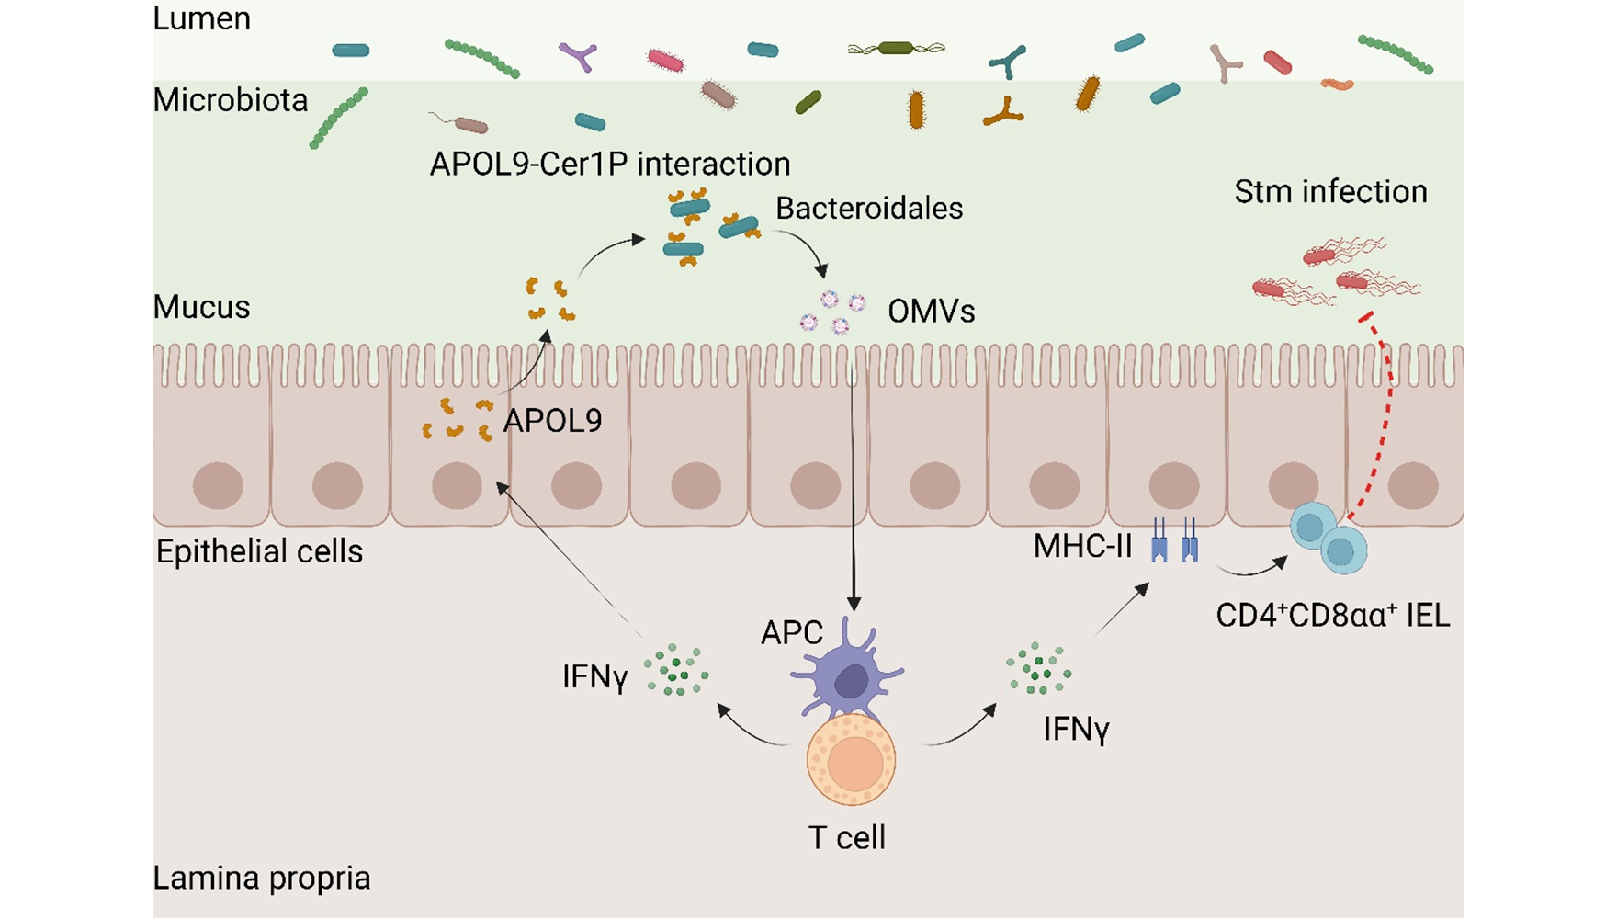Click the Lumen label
click(x=201, y=18)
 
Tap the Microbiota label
click(x=230, y=99)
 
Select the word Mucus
click(x=201, y=306)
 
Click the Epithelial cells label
click(x=259, y=551)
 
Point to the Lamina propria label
click(x=261, y=878)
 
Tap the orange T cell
click(x=851, y=760)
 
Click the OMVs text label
click(x=931, y=312)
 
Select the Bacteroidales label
click(x=869, y=208)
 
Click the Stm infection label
click(x=1330, y=191)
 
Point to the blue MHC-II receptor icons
click(x=1174, y=540)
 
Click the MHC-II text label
click(x=1082, y=546)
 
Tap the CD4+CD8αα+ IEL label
click(x=1332, y=615)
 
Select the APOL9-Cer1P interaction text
click(x=610, y=164)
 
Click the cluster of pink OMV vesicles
click(x=833, y=312)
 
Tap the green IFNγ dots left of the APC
click(x=676, y=670)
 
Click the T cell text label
click(x=846, y=837)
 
